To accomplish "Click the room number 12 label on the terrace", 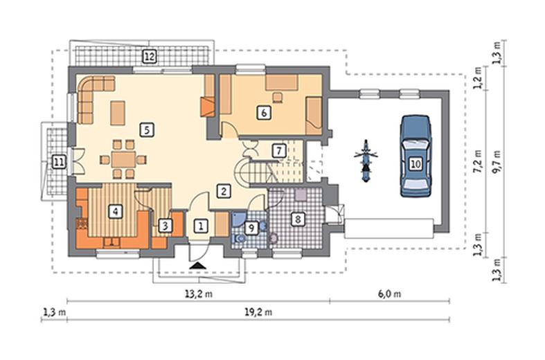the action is click(x=150, y=56).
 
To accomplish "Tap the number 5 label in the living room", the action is click(x=147, y=130).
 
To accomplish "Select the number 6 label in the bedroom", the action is click(x=264, y=113).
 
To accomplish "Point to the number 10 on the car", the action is click(x=416, y=163).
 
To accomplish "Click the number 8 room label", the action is click(x=298, y=219).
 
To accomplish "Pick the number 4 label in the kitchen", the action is click(x=116, y=211).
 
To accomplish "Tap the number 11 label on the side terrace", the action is click(x=59, y=162).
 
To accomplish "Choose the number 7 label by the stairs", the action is click(x=279, y=151).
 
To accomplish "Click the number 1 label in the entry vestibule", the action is click(x=201, y=226).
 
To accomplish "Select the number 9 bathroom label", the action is click(x=251, y=228).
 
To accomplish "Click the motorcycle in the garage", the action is click(x=366, y=161).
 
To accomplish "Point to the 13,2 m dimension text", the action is click(x=199, y=294).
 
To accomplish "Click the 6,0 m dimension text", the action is click(x=389, y=294).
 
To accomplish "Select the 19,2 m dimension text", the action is click(x=258, y=312).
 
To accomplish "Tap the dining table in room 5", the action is click(x=123, y=159).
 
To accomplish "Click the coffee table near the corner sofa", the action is click(x=118, y=113).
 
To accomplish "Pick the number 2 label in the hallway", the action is click(x=224, y=191).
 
